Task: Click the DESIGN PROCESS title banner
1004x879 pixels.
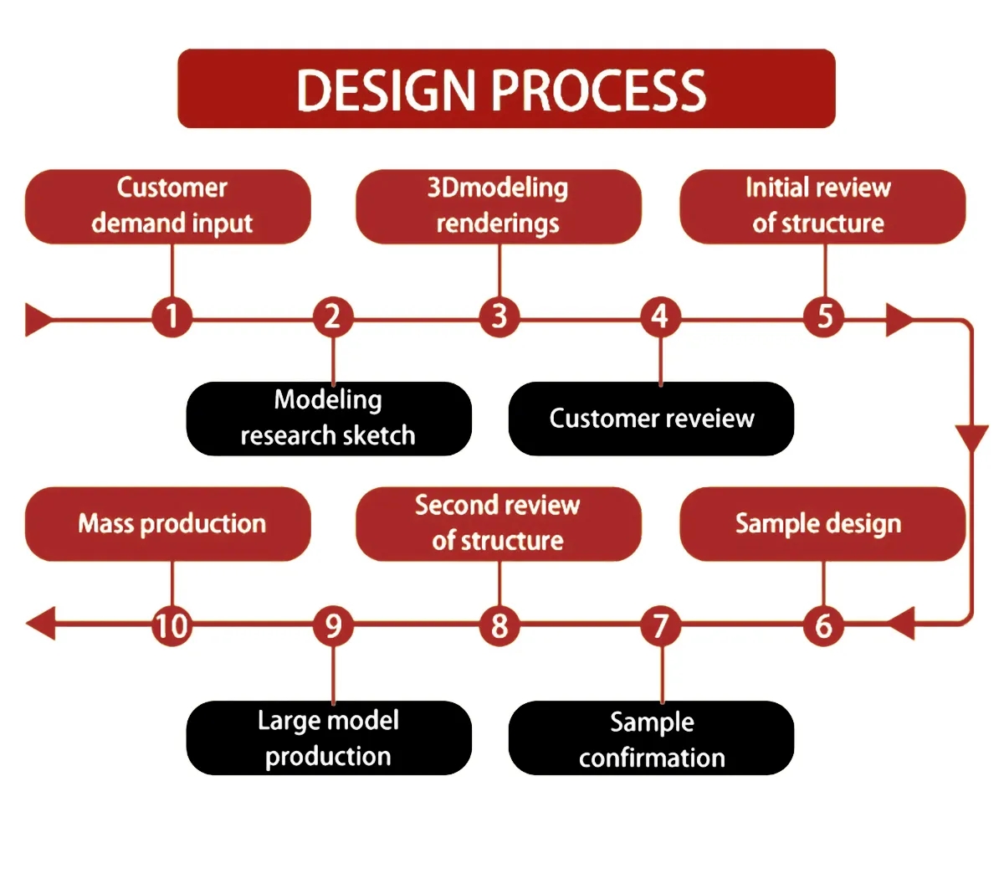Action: (x=506, y=89)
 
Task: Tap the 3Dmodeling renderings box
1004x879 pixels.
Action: (x=499, y=206)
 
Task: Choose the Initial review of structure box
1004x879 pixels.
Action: (x=822, y=206)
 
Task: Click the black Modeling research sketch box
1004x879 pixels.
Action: (x=329, y=419)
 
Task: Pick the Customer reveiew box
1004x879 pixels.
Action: (x=651, y=419)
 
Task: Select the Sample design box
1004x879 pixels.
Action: (x=822, y=524)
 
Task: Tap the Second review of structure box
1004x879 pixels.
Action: (x=499, y=524)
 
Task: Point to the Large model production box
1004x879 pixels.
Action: (x=329, y=738)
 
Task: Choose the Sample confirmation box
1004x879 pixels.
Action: (x=651, y=738)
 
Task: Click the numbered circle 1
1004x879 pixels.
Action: (x=172, y=317)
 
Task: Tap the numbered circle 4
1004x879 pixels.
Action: (x=660, y=317)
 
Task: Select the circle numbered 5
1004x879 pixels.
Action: (x=824, y=317)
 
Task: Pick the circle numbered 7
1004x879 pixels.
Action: (x=661, y=625)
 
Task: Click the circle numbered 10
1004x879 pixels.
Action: (x=172, y=625)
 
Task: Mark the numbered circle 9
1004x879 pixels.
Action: (x=333, y=625)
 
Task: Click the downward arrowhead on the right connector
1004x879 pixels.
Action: (x=971, y=437)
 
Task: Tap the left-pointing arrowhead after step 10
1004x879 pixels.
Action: (x=40, y=624)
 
